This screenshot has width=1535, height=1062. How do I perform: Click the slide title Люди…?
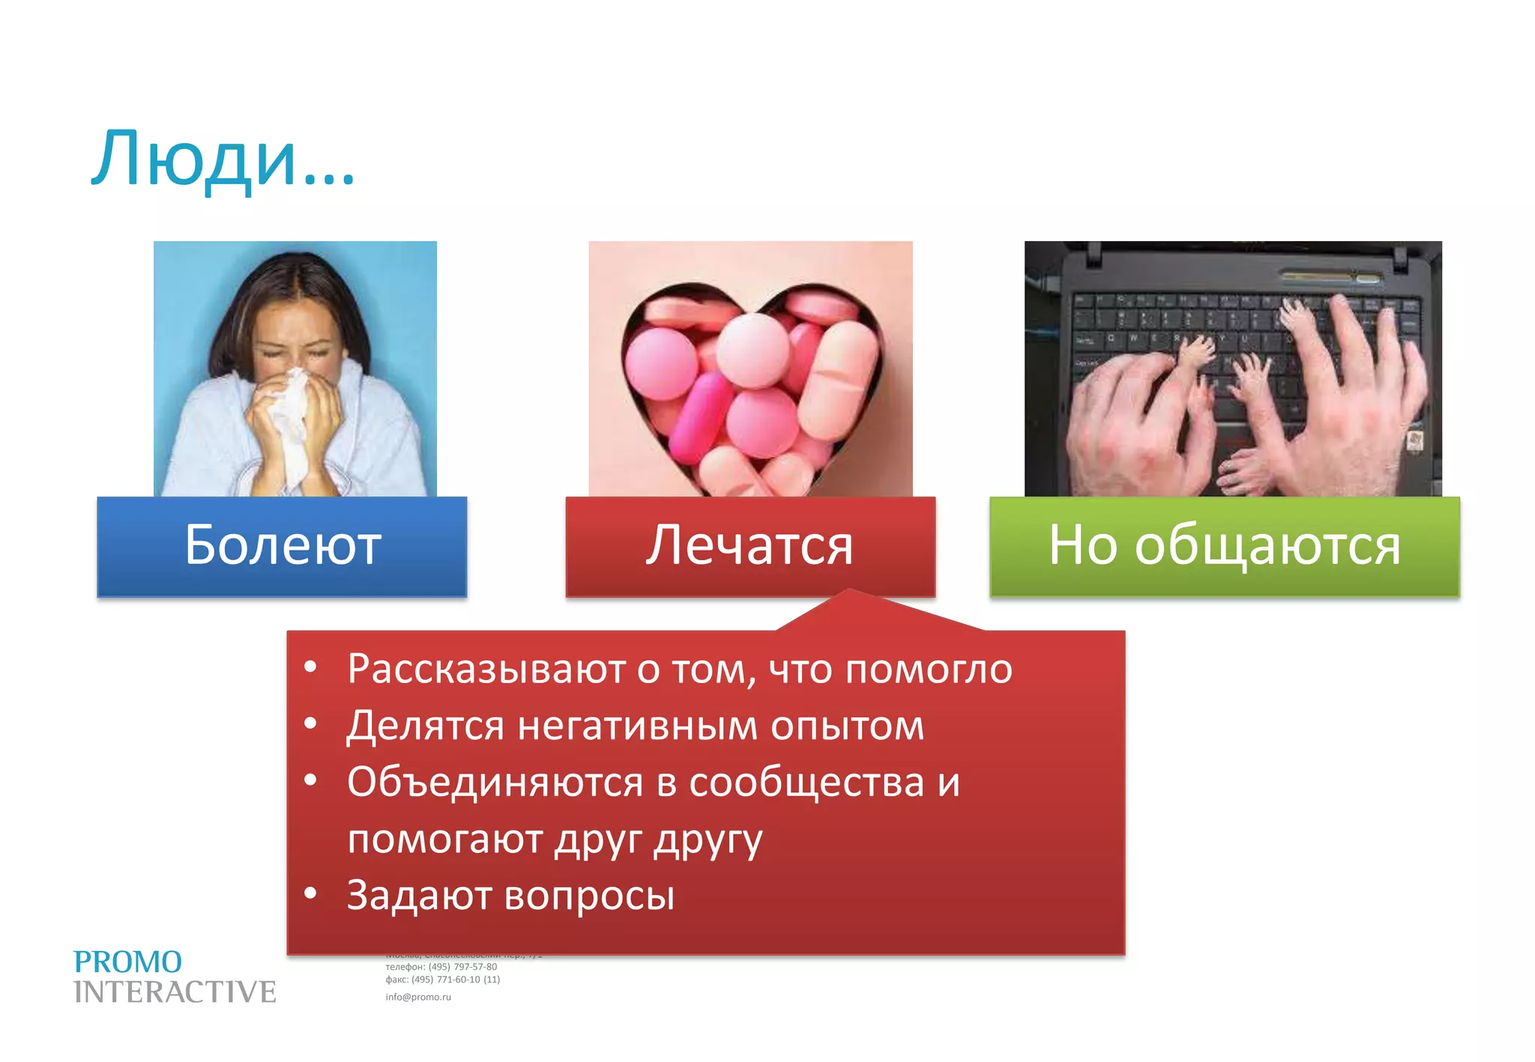[223, 160]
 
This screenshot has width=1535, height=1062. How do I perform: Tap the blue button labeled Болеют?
[282, 546]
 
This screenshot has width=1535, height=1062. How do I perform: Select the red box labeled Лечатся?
[750, 546]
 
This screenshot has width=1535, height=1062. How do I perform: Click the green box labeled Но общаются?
[1224, 546]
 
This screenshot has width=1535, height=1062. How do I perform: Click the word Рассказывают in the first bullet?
[486, 669]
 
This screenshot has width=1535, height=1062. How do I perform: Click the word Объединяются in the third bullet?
[495, 783]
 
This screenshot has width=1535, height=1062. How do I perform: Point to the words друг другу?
[658, 840]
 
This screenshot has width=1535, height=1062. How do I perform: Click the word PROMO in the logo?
[127, 962]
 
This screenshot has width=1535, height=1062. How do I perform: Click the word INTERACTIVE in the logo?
[175, 992]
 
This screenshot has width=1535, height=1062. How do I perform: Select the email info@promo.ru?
[418, 997]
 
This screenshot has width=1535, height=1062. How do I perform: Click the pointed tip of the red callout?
[849, 592]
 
